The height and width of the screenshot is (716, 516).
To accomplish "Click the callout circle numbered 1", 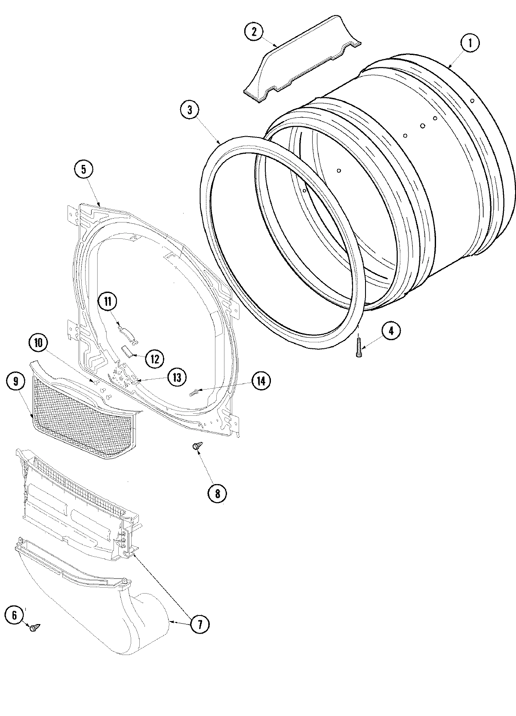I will (470, 43).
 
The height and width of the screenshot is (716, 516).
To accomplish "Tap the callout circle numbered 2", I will (254, 31).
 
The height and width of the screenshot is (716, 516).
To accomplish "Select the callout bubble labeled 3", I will (190, 110).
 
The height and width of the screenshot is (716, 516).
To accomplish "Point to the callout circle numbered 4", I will (390, 331).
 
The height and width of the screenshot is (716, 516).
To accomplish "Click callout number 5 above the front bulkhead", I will (83, 169).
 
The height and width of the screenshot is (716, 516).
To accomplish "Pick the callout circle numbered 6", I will (15, 615).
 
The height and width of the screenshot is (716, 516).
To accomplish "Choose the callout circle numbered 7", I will (200, 624).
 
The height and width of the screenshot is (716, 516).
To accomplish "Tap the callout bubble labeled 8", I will (217, 494).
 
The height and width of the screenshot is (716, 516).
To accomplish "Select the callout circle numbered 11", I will (107, 301).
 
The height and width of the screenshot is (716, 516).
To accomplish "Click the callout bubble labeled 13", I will (177, 378).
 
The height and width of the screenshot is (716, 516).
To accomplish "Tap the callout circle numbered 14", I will (261, 381).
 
